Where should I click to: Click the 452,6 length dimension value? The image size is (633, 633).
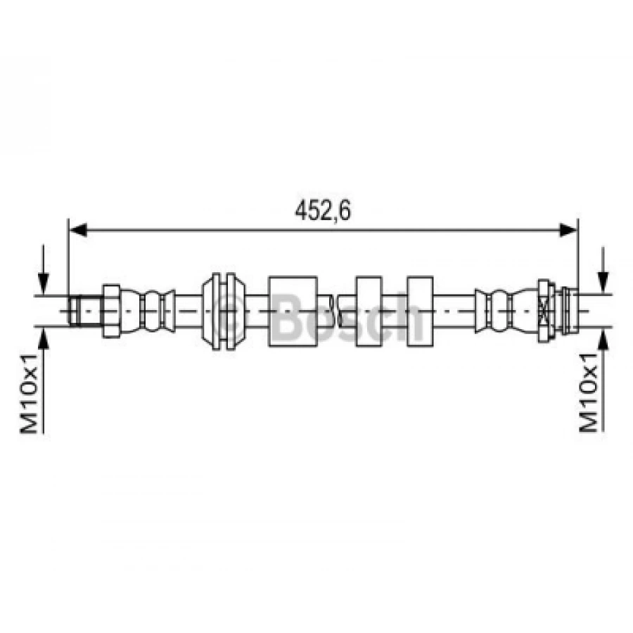tap(323, 210)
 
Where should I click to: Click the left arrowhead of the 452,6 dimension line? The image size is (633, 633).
tap(78, 230)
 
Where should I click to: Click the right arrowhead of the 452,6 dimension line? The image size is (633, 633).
tap(568, 230)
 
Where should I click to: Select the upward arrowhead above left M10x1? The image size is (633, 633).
tap(43, 338)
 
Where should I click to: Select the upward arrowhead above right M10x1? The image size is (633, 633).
tap(603, 338)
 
